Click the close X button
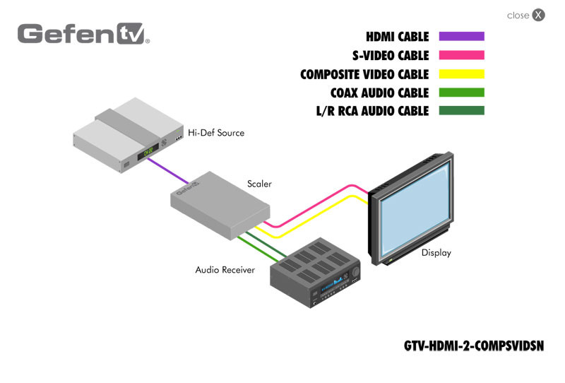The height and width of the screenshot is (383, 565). pos(538,15)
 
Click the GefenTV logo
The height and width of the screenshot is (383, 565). pos(83,34)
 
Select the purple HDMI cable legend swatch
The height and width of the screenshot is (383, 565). pos(462,36)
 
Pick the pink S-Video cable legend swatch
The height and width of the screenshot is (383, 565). pos(462,55)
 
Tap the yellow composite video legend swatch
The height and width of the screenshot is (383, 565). pos(462,74)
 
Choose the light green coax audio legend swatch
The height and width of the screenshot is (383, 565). pos(462,93)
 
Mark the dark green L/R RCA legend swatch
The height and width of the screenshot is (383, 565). pos(462,110)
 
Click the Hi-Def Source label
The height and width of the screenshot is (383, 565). pos(216,133)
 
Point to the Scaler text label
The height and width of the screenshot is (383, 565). pos(259,184)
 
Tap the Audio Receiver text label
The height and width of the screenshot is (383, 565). pos(225,270)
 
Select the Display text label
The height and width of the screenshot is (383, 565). pos(436,253)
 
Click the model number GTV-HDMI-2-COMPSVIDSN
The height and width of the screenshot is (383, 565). pos(474,346)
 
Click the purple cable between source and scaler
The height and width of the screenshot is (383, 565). pos(168,171)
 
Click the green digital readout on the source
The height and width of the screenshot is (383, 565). pos(148,151)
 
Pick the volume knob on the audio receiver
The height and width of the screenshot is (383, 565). pos(356,271)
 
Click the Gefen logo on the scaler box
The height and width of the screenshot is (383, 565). pos(188,188)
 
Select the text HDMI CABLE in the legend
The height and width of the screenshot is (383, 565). pos(398,37)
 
